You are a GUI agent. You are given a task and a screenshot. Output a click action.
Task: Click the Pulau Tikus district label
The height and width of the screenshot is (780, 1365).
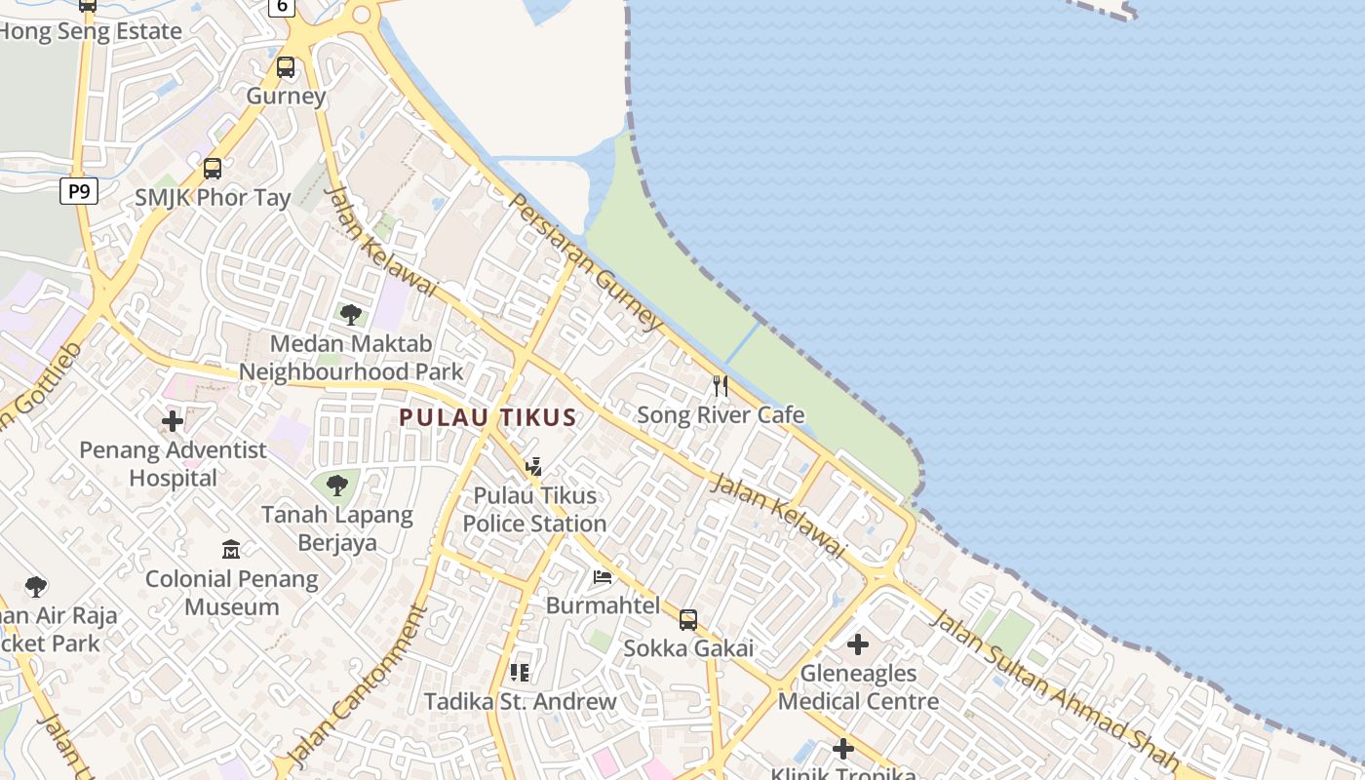tap(487, 418)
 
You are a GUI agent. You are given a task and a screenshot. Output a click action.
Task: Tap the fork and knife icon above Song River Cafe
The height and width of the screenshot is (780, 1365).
tap(721, 386)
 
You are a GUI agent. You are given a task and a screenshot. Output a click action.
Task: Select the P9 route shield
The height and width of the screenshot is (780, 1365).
tap(79, 191)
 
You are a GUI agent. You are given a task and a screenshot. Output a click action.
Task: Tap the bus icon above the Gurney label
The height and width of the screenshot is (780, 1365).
tap(286, 67)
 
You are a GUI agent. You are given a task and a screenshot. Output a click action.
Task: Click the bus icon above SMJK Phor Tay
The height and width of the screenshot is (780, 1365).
tap(213, 169)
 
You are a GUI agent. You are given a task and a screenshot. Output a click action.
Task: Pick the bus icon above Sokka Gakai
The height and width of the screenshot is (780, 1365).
tap(688, 620)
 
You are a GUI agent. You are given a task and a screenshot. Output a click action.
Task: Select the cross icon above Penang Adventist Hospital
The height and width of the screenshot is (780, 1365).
tap(173, 421)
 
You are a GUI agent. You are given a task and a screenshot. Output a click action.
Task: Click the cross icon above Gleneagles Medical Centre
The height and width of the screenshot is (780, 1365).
tap(858, 644)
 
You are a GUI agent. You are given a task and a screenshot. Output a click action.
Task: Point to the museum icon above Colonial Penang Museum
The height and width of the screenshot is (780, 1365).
tap(231, 550)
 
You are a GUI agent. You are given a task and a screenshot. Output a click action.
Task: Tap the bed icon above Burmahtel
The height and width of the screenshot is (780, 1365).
tap(603, 577)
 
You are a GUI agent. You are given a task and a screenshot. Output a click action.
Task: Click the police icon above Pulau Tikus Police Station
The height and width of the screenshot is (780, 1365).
tap(533, 467)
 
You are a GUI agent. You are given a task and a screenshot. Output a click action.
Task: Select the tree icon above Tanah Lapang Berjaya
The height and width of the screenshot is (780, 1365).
tap(337, 485)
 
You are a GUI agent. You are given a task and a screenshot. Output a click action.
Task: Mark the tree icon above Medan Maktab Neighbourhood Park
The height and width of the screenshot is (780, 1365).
tap(351, 314)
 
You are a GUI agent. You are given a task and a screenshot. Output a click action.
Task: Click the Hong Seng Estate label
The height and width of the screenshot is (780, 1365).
tap(91, 31)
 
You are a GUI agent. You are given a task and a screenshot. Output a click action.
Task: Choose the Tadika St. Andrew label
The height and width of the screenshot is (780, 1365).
tap(520, 701)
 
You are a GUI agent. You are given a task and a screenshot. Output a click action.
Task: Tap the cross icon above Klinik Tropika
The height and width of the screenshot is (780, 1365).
tap(843, 749)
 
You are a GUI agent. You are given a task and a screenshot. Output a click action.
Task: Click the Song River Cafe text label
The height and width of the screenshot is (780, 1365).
tap(721, 415)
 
